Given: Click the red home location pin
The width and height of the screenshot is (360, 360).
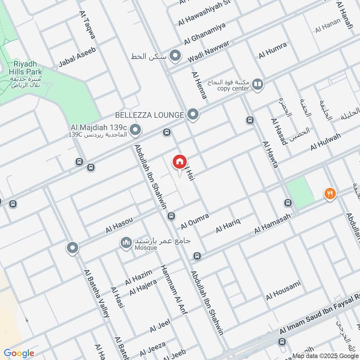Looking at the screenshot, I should click(179, 162).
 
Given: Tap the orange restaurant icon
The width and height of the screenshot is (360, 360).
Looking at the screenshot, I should click(330, 194).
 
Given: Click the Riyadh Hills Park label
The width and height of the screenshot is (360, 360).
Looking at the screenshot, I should click(27, 68).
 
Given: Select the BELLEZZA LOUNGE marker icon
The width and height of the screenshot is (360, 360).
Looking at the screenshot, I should click(193, 115).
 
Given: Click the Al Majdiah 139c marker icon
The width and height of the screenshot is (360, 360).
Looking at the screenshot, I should click(136, 131).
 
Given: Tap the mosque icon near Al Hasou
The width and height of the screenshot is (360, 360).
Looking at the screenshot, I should click(126, 243).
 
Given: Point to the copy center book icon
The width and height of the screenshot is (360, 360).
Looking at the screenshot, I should click(257, 84).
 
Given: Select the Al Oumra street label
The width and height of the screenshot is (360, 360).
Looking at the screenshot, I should click(195, 221).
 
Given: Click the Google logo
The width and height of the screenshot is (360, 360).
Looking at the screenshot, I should click(19, 353).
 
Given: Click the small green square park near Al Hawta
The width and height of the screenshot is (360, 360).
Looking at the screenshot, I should click(301, 192).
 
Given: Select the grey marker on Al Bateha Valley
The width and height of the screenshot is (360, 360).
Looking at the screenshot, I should click(72, 247).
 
